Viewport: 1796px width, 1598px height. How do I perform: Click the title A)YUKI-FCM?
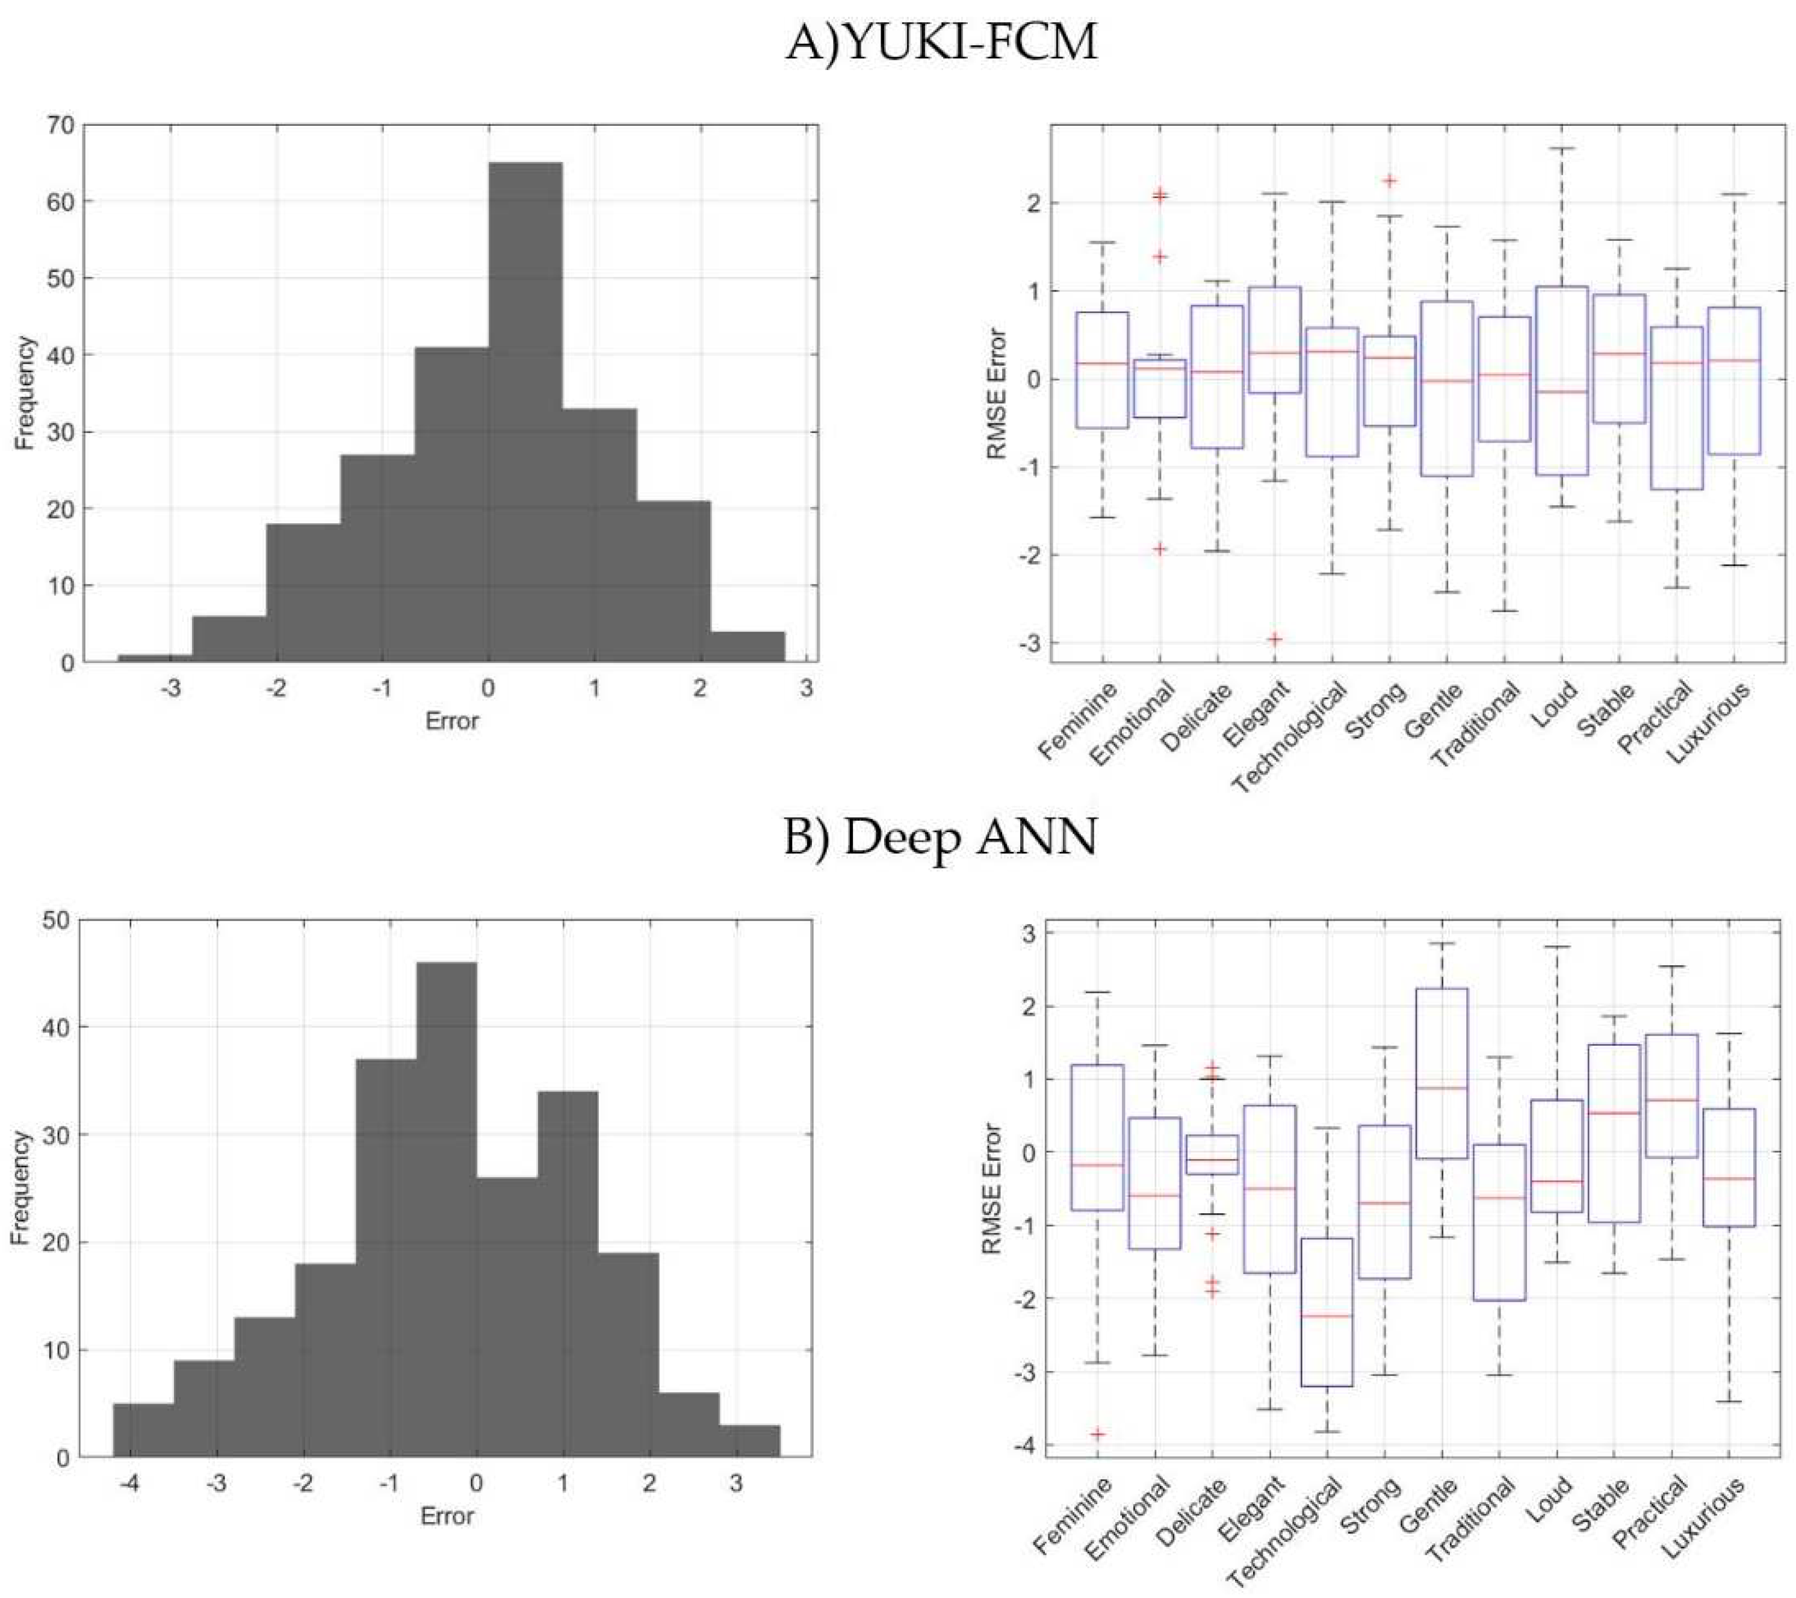(x=940, y=42)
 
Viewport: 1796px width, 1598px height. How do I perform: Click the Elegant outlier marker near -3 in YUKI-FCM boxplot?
(x=1275, y=639)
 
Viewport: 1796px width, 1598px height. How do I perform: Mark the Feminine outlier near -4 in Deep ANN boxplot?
(x=1097, y=1434)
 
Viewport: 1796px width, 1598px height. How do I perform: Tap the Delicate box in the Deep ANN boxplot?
(x=1213, y=1154)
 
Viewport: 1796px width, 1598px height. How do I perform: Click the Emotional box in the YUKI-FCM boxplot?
(x=1160, y=388)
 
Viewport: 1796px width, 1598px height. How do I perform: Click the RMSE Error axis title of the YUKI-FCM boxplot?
(x=997, y=393)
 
